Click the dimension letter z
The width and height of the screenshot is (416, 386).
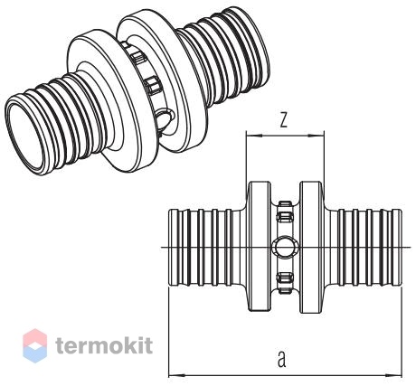coord(283,120)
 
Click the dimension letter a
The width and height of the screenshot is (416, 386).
coord(281,359)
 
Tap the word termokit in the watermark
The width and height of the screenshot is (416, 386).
coord(104,345)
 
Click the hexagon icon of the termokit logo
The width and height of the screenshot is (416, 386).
coord(35,345)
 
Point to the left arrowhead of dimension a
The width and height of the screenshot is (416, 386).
coord(176,376)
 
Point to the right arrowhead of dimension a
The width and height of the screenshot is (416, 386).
coord(394,376)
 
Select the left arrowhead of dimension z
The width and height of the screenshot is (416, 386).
coord(254,136)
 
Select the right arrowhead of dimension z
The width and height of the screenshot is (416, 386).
coord(317,136)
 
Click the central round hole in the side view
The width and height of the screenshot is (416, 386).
coord(285,248)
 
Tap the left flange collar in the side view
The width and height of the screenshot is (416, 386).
coord(259,246)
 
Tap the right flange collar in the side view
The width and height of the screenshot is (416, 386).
coord(311,247)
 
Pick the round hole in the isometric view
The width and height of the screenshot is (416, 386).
coord(165,119)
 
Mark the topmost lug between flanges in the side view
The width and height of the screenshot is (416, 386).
coord(285,204)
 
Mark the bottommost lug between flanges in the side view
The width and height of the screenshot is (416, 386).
coord(285,290)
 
